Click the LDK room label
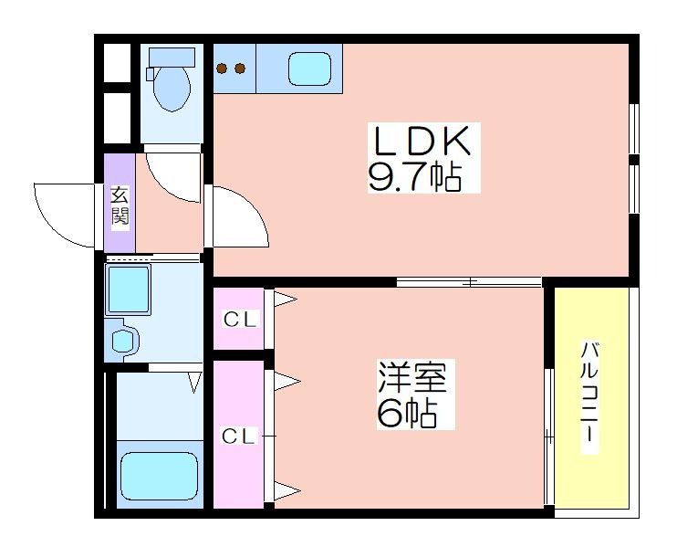click(x=422, y=140)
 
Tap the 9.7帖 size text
click(x=415, y=177)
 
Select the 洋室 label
click(x=412, y=377)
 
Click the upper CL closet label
click(x=240, y=320)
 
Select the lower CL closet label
click(x=239, y=437)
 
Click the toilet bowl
click(x=172, y=89)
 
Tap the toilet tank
click(x=172, y=57)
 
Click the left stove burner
click(x=223, y=68)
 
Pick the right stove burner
click(x=240, y=68)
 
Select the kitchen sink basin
click(x=309, y=68)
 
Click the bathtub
click(x=160, y=475)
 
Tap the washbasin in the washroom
click(x=123, y=341)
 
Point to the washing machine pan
click(x=129, y=289)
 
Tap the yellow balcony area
click(x=591, y=397)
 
